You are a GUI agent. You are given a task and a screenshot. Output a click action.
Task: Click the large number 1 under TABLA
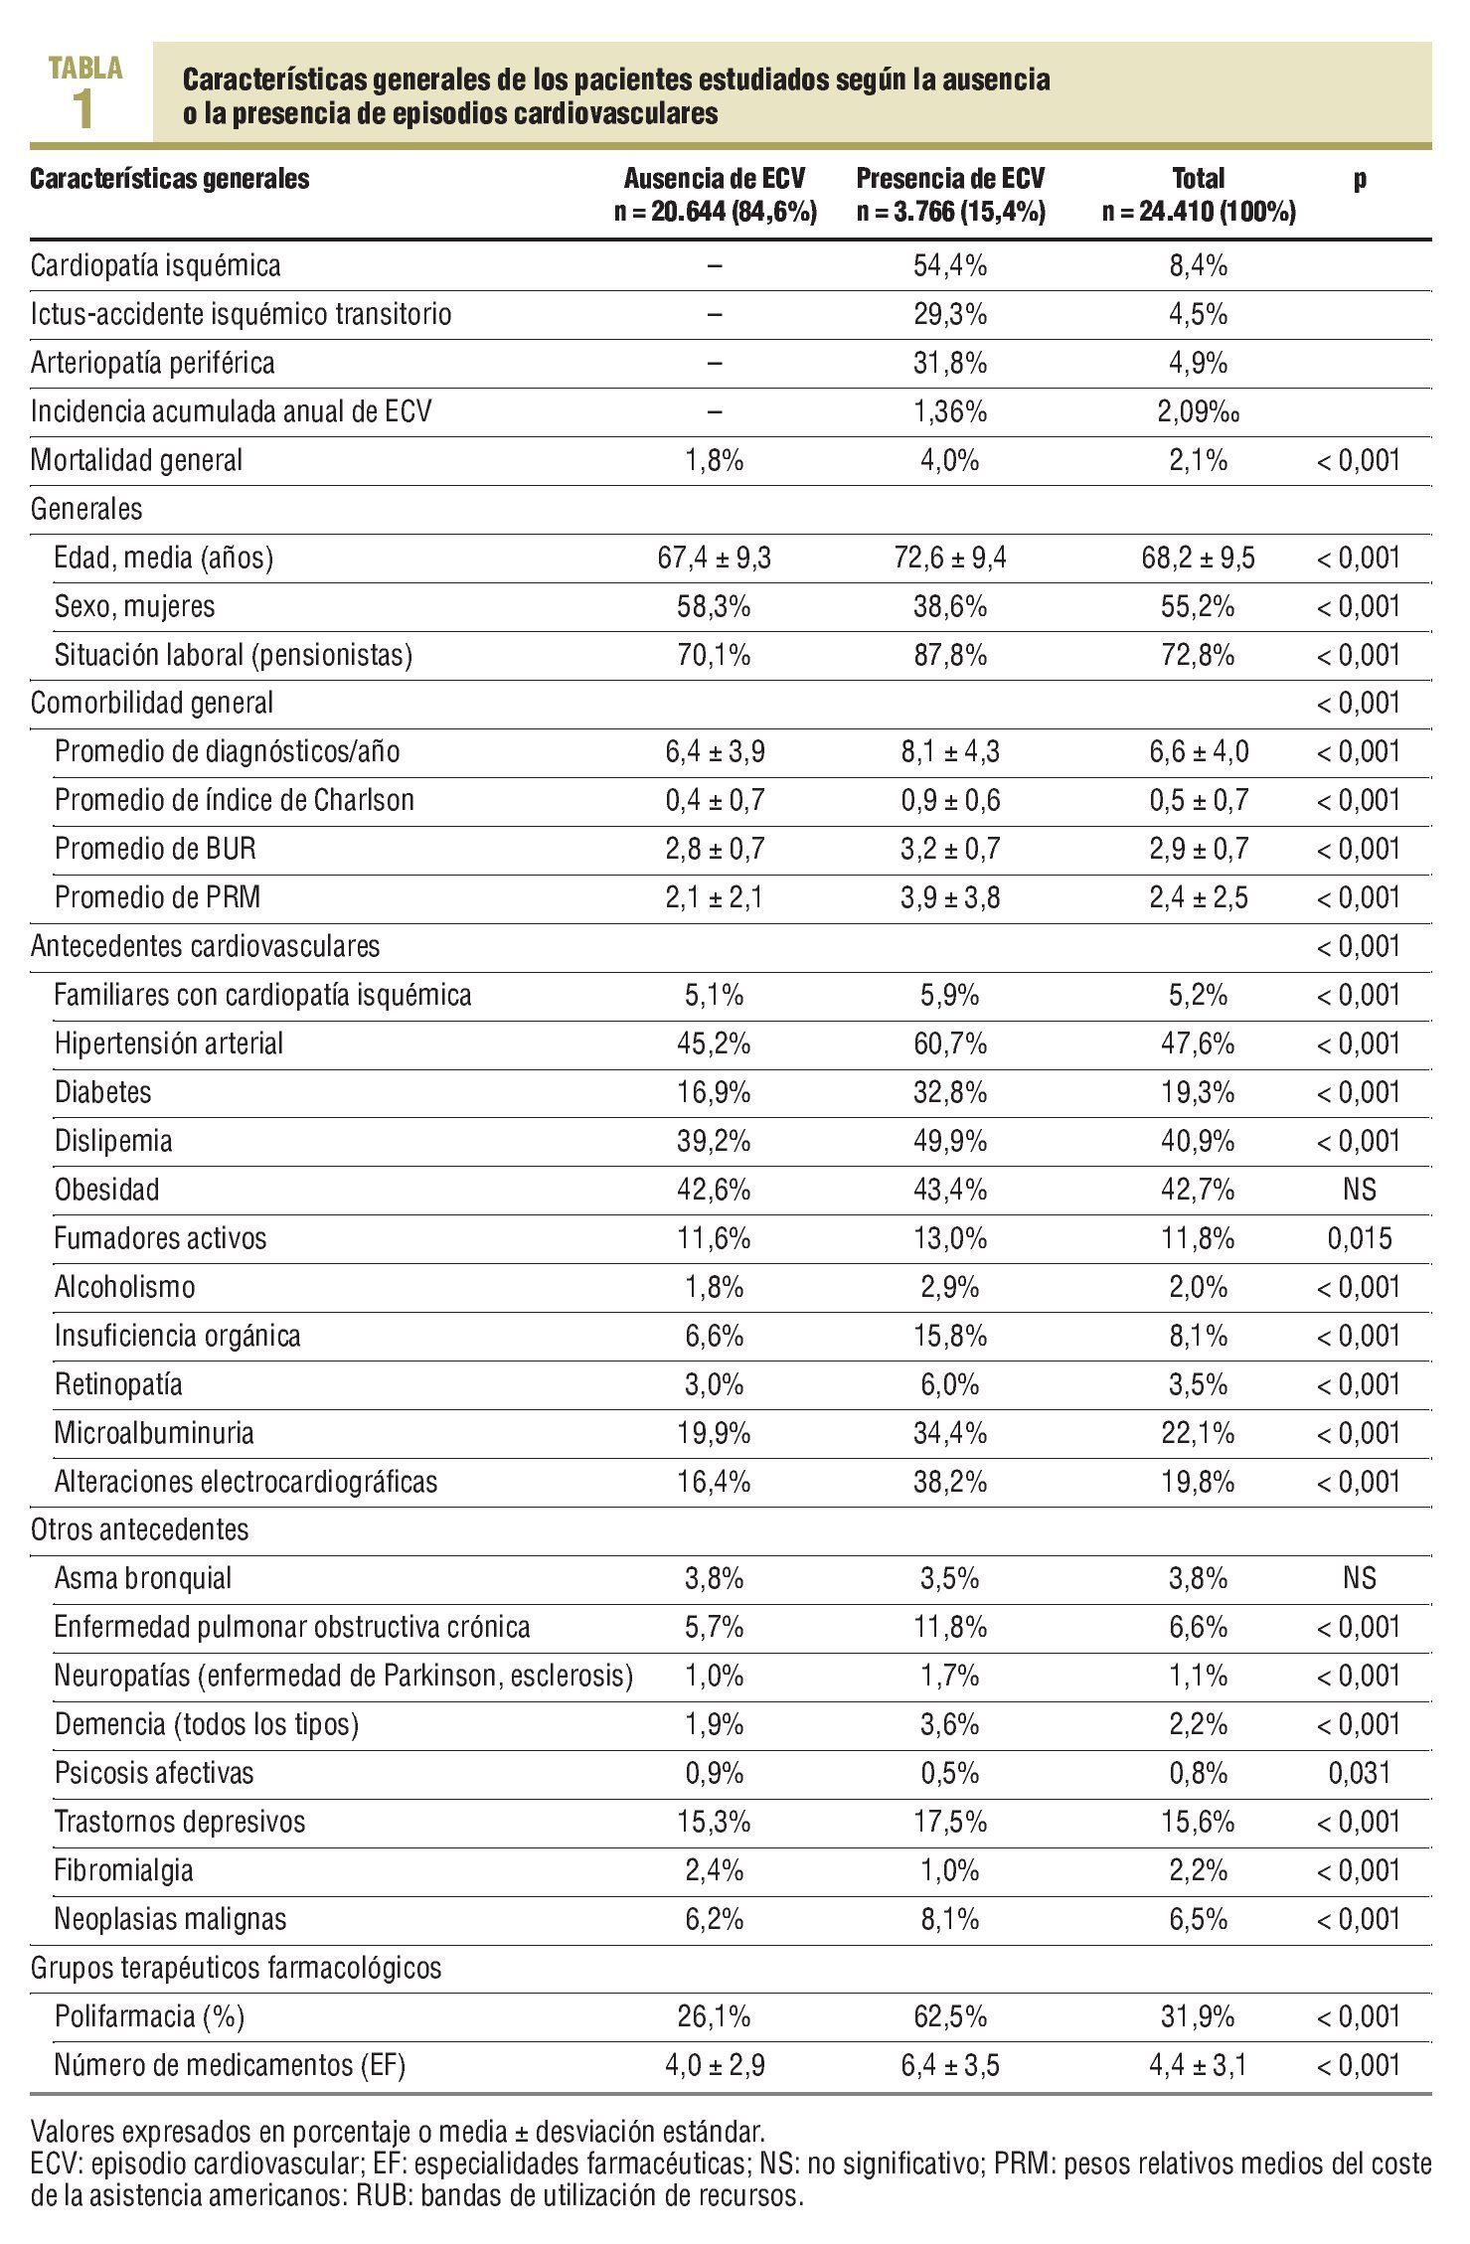(x=84, y=111)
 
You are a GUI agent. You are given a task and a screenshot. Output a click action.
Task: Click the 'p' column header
(x=1359, y=179)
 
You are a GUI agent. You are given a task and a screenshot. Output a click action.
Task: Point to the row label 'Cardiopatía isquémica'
(x=156, y=266)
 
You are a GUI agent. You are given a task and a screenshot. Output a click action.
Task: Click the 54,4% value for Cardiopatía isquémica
(x=950, y=266)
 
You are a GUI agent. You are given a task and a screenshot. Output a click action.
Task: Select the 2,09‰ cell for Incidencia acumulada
(x=1198, y=411)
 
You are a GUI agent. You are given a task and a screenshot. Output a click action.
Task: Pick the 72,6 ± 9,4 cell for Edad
(x=950, y=558)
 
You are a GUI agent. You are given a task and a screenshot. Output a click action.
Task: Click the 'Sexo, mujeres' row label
(x=135, y=606)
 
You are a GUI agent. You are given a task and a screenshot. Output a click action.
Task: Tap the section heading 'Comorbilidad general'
(x=152, y=704)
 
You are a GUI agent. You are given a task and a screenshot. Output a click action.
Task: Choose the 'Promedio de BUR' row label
(x=156, y=849)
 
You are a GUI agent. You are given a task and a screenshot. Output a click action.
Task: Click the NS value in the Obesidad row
(x=1359, y=1190)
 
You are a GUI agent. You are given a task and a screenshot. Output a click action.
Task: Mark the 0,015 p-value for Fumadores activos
(x=1359, y=1238)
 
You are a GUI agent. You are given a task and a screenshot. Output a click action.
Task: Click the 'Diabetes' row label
(x=103, y=1092)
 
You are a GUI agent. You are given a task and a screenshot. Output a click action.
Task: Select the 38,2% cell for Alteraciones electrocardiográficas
(x=950, y=1482)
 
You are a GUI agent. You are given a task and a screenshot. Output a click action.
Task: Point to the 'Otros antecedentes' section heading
(x=140, y=1530)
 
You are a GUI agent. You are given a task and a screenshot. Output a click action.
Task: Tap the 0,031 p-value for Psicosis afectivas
(x=1359, y=1773)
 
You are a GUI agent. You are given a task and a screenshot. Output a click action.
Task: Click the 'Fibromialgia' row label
(x=124, y=1870)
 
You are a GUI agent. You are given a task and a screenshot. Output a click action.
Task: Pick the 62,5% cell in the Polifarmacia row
(x=950, y=2016)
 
